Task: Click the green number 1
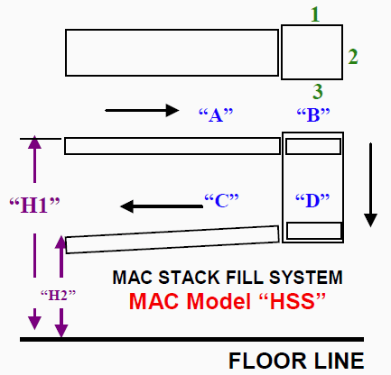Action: (x=315, y=14)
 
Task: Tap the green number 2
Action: (x=353, y=57)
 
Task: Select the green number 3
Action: (x=318, y=91)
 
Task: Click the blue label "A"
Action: (x=216, y=114)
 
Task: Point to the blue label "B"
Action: (x=313, y=114)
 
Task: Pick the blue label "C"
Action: (x=221, y=201)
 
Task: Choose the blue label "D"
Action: (x=312, y=201)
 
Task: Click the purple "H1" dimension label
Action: (x=34, y=206)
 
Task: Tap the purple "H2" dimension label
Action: (x=58, y=296)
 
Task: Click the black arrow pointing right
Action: (x=142, y=110)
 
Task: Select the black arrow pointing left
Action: (x=162, y=206)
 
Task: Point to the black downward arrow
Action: (x=370, y=185)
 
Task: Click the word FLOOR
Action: (x=267, y=361)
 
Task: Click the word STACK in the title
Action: (x=189, y=277)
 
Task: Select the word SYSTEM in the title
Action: (x=306, y=277)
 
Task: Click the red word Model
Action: (x=219, y=301)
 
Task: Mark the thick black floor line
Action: (x=191, y=339)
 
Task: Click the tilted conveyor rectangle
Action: (x=172, y=240)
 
